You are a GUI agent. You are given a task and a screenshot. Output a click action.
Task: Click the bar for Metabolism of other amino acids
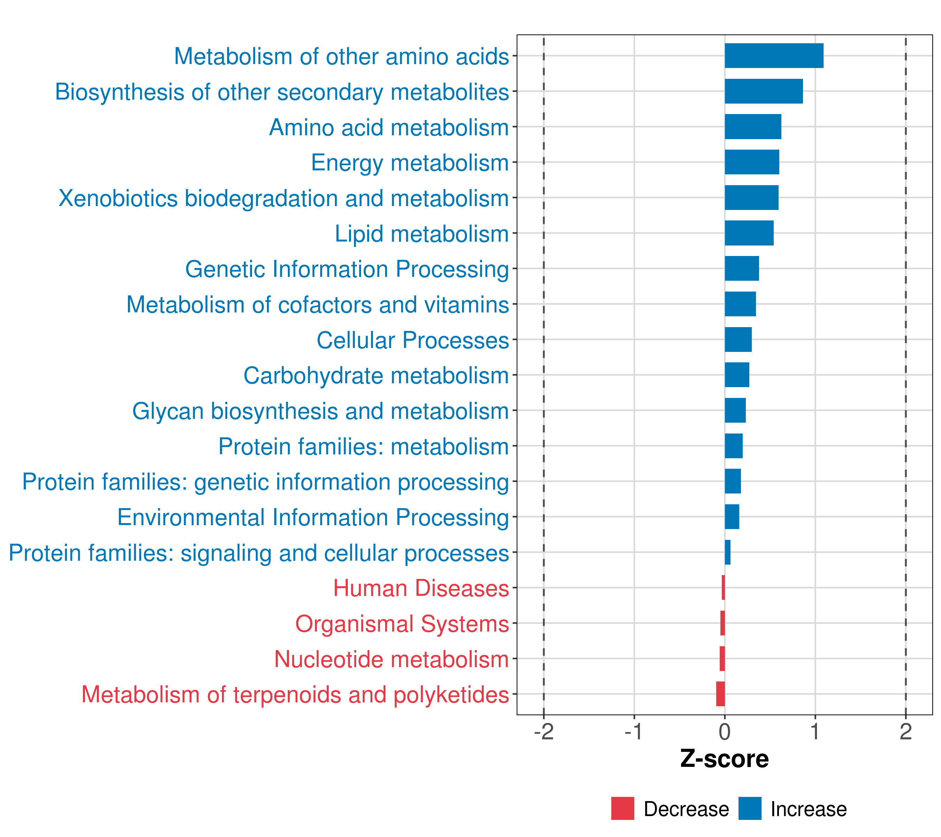coord(773,56)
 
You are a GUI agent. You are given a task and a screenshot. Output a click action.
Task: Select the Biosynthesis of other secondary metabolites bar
coord(763,91)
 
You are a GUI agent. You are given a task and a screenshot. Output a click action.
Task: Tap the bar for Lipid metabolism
coord(749,233)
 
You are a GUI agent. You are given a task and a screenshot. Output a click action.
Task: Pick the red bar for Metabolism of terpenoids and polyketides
coord(720,694)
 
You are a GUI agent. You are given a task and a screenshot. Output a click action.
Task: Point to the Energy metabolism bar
coord(751,162)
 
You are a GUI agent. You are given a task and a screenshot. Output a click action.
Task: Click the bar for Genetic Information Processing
coord(741,269)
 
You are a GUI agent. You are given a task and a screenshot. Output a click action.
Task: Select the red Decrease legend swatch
coord(622,808)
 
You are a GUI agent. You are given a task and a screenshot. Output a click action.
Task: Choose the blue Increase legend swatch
coord(749,808)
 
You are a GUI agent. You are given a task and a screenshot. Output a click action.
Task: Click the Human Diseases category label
coord(421,588)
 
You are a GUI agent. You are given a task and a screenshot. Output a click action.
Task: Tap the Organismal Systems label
coord(402,624)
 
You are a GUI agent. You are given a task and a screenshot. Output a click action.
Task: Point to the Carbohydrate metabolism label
coord(376,375)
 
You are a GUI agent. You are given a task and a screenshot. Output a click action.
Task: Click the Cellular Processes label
coord(413,340)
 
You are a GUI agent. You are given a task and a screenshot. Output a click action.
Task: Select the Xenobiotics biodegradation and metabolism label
coord(284,198)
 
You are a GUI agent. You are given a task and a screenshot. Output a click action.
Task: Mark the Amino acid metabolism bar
coord(753,127)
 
